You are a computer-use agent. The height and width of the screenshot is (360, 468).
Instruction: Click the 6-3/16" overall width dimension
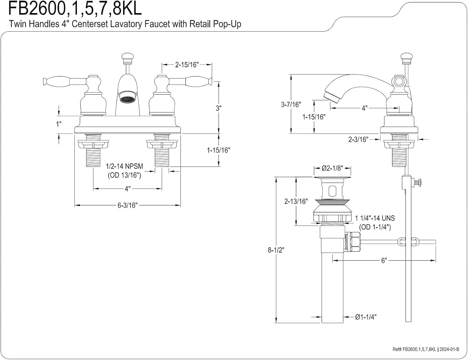(x=127, y=205)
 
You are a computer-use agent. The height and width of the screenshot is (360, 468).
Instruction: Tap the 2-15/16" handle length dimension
(x=187, y=65)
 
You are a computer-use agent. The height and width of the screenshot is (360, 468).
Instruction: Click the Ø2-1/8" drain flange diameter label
(x=332, y=168)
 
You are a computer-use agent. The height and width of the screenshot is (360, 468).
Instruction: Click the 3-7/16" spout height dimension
(x=290, y=104)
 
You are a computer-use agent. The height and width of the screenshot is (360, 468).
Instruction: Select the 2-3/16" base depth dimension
(x=358, y=139)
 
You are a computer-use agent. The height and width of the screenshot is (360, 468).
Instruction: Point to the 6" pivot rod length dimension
(x=384, y=260)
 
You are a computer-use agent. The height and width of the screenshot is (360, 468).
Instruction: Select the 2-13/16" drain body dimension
(x=296, y=201)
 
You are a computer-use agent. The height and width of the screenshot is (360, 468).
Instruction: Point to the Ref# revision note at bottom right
(x=426, y=349)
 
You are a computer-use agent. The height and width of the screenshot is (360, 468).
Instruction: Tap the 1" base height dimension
(x=59, y=124)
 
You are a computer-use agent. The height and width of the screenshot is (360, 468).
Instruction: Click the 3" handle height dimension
(x=218, y=108)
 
